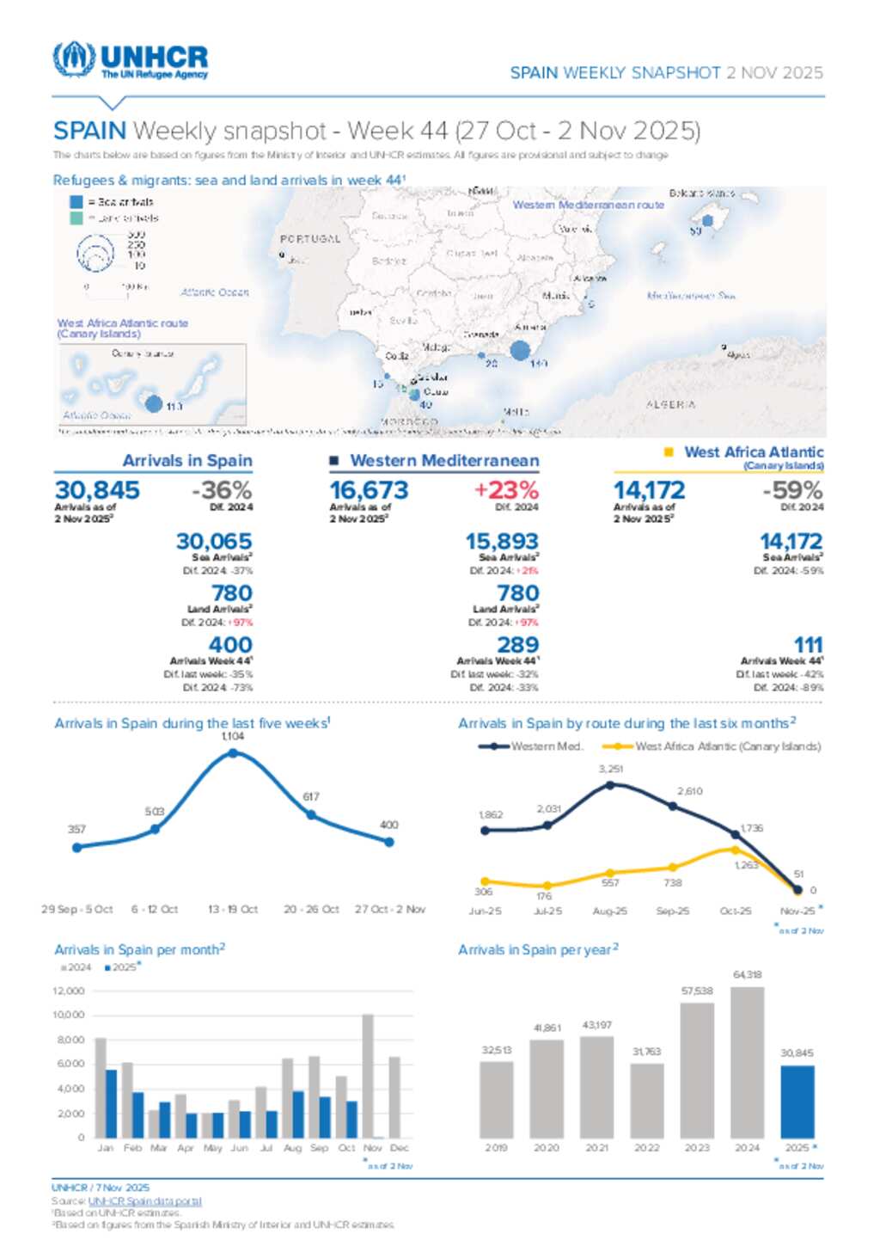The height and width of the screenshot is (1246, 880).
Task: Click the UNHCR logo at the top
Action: (x=131, y=60)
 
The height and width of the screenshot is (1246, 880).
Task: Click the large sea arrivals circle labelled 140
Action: (x=520, y=350)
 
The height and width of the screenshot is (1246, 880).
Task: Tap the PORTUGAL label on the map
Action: (x=310, y=239)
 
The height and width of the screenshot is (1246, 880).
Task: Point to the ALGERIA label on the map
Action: (x=670, y=404)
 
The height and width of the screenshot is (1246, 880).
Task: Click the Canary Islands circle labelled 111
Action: (x=154, y=403)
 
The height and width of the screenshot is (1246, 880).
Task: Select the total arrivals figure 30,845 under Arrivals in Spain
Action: (x=97, y=490)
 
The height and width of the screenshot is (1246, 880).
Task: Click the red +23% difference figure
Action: (x=506, y=490)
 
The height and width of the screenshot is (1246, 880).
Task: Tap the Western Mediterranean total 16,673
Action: (x=370, y=490)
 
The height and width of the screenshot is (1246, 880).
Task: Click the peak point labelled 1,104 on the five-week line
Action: (x=233, y=753)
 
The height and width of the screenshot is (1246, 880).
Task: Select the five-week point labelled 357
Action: (x=77, y=847)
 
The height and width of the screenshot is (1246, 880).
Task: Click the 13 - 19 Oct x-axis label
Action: (x=233, y=909)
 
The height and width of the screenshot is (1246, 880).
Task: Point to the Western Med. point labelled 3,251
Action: (x=610, y=784)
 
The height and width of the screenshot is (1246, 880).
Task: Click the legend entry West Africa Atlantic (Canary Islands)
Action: (x=727, y=746)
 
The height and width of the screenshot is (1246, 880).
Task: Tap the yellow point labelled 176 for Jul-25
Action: (x=547, y=886)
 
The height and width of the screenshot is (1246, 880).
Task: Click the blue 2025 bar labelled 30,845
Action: (x=797, y=1102)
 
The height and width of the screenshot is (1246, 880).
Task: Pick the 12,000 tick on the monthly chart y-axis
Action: (x=69, y=991)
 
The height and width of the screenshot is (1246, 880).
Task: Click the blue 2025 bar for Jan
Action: (x=111, y=1103)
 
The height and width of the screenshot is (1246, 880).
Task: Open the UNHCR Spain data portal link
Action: (x=144, y=1201)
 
